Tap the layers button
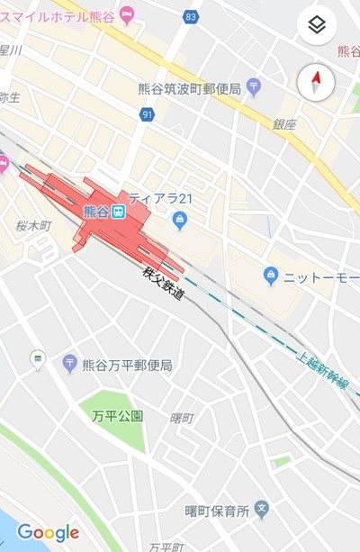pyautogui.click(x=315, y=25)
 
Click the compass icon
pyautogui.click(x=315, y=83)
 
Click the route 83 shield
pyautogui.click(x=189, y=16)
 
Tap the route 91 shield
pyautogui.click(x=148, y=114)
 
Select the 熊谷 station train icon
pyautogui.click(x=118, y=212)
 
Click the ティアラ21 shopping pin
pyautogui.click(x=180, y=218)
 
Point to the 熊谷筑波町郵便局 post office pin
pyautogui.click(x=253, y=87)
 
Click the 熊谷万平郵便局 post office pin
pyautogui.click(x=69, y=364)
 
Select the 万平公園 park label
pyautogui.click(x=117, y=416)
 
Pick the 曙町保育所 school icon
pyautogui.click(x=262, y=510)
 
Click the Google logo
pyautogui.click(x=48, y=533)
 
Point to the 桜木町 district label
pyautogui.click(x=34, y=225)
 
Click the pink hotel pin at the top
pyautogui.click(x=127, y=14)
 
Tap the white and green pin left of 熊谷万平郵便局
pyautogui.click(x=38, y=358)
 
